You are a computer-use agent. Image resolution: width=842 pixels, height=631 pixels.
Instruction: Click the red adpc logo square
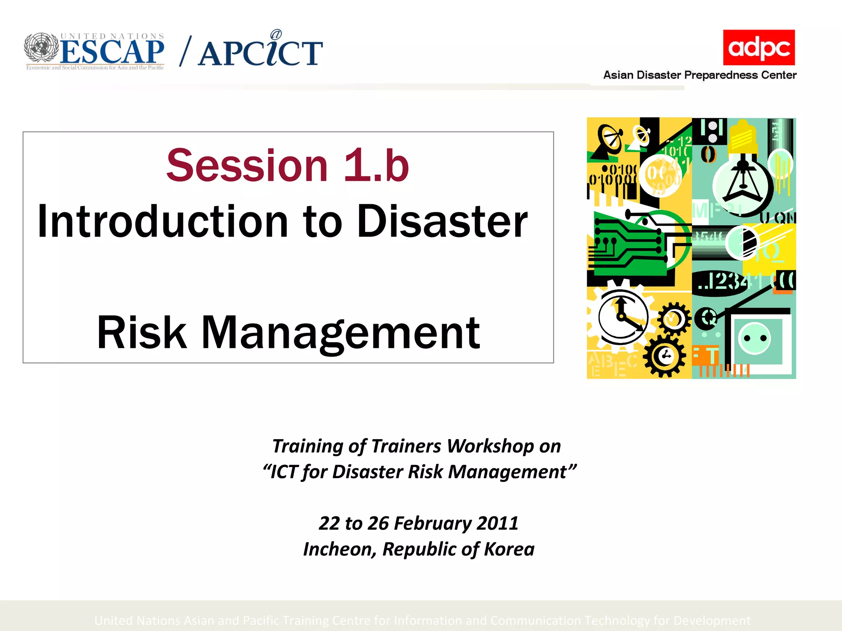tap(759, 47)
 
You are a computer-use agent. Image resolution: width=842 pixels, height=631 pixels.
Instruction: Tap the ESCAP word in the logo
tap(112, 53)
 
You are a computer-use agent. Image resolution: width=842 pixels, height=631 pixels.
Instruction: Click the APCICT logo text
tap(260, 53)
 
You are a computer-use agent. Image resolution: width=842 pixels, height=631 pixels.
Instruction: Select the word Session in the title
tap(247, 166)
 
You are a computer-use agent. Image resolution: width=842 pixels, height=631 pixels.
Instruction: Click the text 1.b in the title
tap(376, 166)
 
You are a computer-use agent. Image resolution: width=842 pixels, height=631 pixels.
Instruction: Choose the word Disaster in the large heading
tap(442, 222)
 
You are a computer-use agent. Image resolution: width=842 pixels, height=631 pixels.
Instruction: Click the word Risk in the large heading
tap(141, 333)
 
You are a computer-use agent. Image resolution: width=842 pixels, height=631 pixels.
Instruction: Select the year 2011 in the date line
tap(497, 523)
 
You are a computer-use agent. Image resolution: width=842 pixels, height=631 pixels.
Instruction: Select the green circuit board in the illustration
tap(629, 246)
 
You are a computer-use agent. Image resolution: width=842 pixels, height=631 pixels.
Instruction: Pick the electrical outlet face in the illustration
tap(755, 339)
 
